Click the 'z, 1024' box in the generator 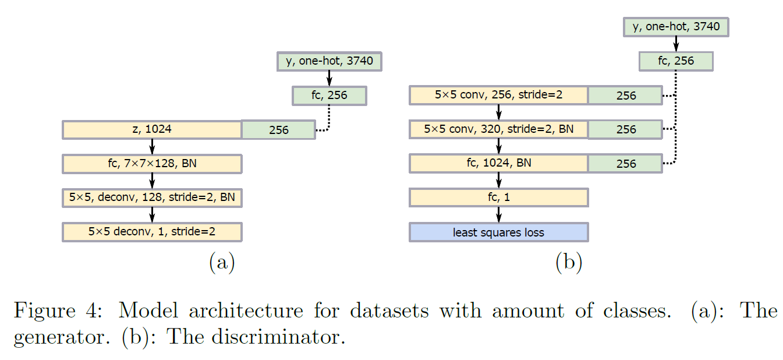coord(152,129)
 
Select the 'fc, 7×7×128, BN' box coord(152,164)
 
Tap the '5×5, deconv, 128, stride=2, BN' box coord(152,197)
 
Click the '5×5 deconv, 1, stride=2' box coord(152,232)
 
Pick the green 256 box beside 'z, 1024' coord(278,130)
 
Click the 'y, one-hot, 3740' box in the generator coord(329,61)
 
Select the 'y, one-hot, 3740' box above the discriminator coord(676,27)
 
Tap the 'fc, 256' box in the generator coord(329,96)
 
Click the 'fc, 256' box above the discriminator coord(675,61)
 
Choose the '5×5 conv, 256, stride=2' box coord(498,95)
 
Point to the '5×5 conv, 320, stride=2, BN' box coord(498,129)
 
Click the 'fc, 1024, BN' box coord(498,163)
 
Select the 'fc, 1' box coord(498,197)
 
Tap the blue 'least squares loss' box coord(498,232)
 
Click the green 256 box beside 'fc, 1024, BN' coord(625,164)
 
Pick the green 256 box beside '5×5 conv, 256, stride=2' coord(625,96)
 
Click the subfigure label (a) coord(221,263)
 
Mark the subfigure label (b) coord(568,263)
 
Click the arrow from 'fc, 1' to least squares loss coord(499,214)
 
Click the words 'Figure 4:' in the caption coord(61,311)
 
